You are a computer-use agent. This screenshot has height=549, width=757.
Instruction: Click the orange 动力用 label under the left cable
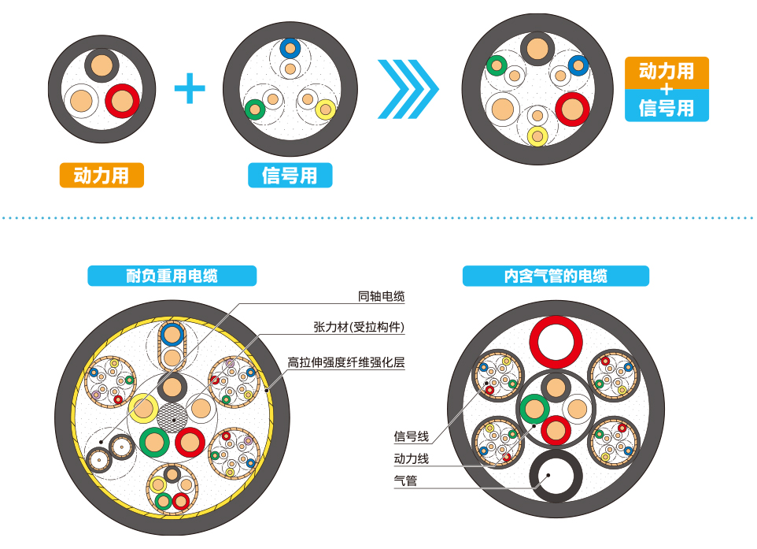click(102, 175)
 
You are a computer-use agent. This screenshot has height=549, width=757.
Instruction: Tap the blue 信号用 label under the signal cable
click(290, 175)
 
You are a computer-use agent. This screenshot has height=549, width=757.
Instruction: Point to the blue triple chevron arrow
click(407, 88)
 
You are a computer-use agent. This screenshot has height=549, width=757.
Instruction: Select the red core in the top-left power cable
click(123, 101)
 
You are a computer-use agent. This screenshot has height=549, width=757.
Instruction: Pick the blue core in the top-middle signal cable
click(290, 49)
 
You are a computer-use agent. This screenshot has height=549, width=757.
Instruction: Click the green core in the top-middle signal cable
click(254, 109)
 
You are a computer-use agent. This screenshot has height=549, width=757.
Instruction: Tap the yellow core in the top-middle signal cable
click(325, 109)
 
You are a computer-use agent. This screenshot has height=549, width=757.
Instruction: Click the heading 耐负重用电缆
click(172, 276)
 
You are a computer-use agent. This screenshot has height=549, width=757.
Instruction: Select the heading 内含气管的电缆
click(556, 276)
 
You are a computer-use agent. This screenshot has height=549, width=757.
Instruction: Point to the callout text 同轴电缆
click(381, 297)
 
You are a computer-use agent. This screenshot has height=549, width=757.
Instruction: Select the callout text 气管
click(405, 480)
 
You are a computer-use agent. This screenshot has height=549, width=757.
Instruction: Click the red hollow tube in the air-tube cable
click(556, 341)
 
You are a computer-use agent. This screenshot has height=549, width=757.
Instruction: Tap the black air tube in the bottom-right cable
click(556, 477)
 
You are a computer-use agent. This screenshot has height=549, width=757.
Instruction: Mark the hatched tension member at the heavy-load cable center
click(172, 416)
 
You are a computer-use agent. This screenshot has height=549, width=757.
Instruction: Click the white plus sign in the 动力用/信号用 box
click(667, 89)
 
